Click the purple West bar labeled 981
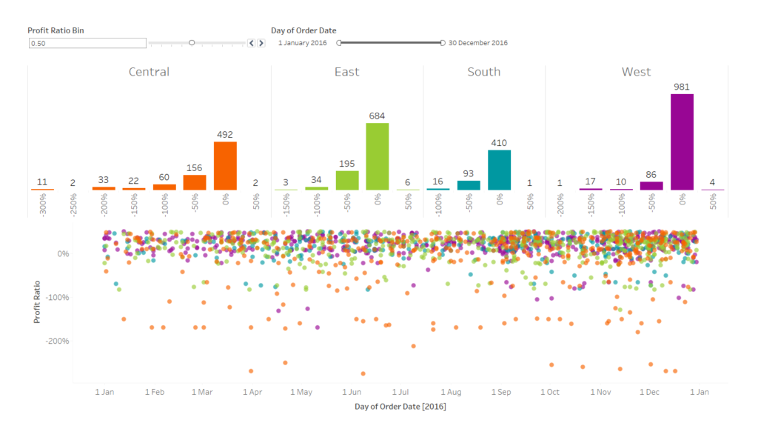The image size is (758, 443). point(682,141)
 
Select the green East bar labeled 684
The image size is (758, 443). point(377,156)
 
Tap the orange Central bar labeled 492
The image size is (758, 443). point(225,166)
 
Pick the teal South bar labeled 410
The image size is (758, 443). point(499,170)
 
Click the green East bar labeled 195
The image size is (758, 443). point(346,180)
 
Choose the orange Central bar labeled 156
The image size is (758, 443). point(195,182)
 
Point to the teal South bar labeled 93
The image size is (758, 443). point(469,185)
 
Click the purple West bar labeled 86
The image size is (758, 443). point(651,186)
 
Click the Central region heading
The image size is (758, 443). point(149,72)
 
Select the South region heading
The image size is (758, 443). point(484,72)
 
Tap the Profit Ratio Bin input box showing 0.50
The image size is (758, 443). point(87,43)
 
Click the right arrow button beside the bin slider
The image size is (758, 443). point(261,43)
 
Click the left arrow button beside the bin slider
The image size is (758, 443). point(252,43)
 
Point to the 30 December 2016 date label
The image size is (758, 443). point(478,43)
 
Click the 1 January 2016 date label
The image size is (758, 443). point(303,43)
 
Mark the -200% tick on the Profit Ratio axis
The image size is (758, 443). point(58,341)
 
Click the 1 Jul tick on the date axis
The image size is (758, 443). point(400,392)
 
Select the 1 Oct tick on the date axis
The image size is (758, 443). point(550,392)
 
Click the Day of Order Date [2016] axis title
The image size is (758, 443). point(400,407)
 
